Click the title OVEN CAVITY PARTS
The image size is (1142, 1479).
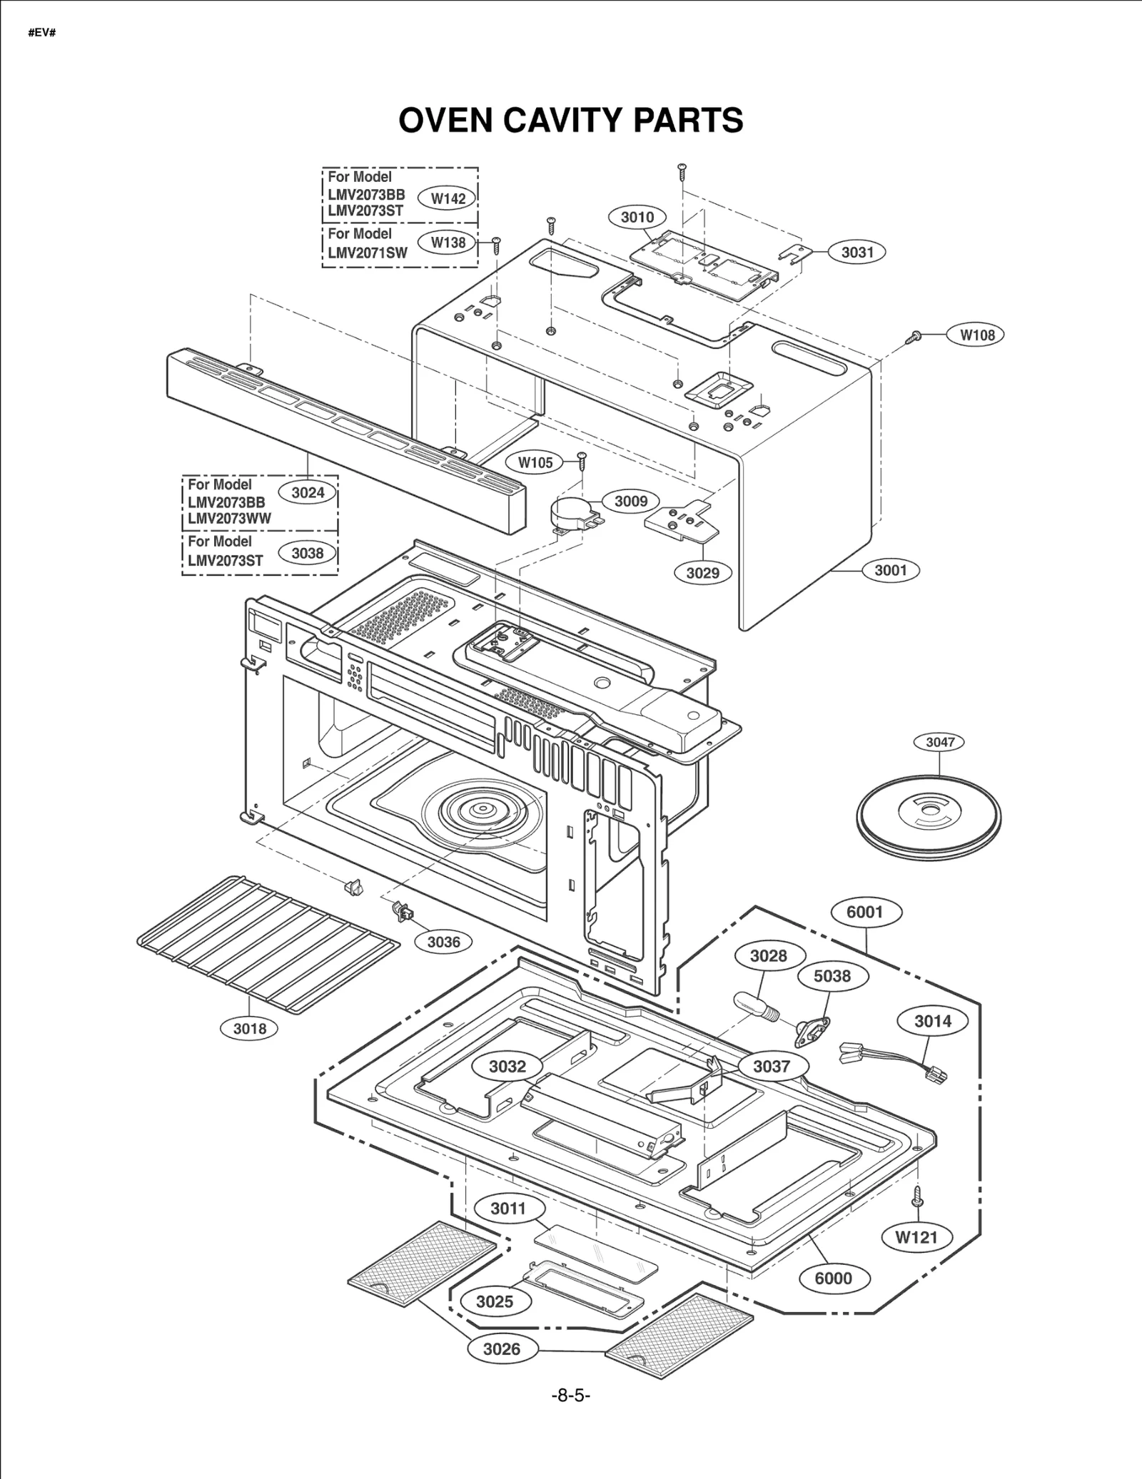click(x=570, y=120)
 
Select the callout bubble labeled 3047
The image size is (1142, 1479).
click(x=939, y=742)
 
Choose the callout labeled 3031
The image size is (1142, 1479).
click(x=856, y=252)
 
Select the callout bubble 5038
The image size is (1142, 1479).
click(x=832, y=976)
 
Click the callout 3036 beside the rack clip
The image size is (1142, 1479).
click(x=443, y=942)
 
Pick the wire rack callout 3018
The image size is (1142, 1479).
click(x=249, y=1028)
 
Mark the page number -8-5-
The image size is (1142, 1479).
click(x=570, y=1396)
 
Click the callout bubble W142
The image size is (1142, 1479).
click(x=448, y=199)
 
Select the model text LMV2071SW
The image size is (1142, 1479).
click(x=368, y=253)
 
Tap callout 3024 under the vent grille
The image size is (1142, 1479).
click(x=308, y=492)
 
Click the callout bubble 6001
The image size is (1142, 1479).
click(x=865, y=912)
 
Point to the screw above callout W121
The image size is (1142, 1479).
click(x=919, y=1196)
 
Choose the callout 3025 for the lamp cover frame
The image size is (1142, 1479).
click(x=494, y=1301)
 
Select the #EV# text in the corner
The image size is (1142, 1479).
click(x=41, y=34)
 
